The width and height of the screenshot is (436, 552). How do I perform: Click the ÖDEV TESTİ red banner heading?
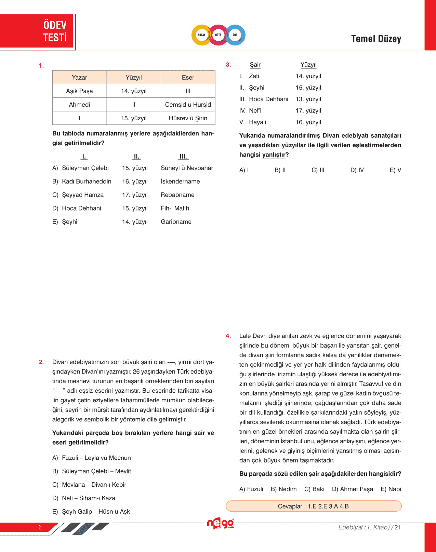tap(55, 31)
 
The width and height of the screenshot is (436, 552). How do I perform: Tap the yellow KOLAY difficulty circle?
tap(202, 35)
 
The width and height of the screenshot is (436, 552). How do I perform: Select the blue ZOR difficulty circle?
tap(235, 35)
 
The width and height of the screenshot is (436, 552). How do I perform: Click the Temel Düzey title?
tap(376, 39)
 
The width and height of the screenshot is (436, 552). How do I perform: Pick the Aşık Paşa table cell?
tap(79, 91)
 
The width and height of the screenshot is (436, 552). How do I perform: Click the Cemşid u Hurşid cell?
tap(188, 105)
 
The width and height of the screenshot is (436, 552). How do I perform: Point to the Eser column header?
tap(188, 78)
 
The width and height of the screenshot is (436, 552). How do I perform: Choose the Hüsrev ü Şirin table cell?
tap(188, 118)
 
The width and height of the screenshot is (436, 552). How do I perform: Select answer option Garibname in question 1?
tap(176, 222)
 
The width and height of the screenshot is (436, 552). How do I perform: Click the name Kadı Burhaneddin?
tap(87, 181)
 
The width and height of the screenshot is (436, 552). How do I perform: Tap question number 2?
tap(41, 362)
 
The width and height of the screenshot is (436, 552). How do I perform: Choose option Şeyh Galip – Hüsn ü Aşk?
tap(96, 512)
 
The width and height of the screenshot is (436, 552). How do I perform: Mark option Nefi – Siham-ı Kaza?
tap(88, 498)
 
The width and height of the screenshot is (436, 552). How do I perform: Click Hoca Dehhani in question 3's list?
tap(268, 99)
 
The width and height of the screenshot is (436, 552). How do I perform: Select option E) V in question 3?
tap(395, 170)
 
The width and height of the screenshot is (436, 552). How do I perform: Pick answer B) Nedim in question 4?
tap(283, 489)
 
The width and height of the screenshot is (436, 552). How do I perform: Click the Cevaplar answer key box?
tap(313, 506)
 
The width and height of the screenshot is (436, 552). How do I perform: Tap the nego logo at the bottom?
tap(221, 523)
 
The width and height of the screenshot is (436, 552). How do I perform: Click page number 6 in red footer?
tap(40, 527)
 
